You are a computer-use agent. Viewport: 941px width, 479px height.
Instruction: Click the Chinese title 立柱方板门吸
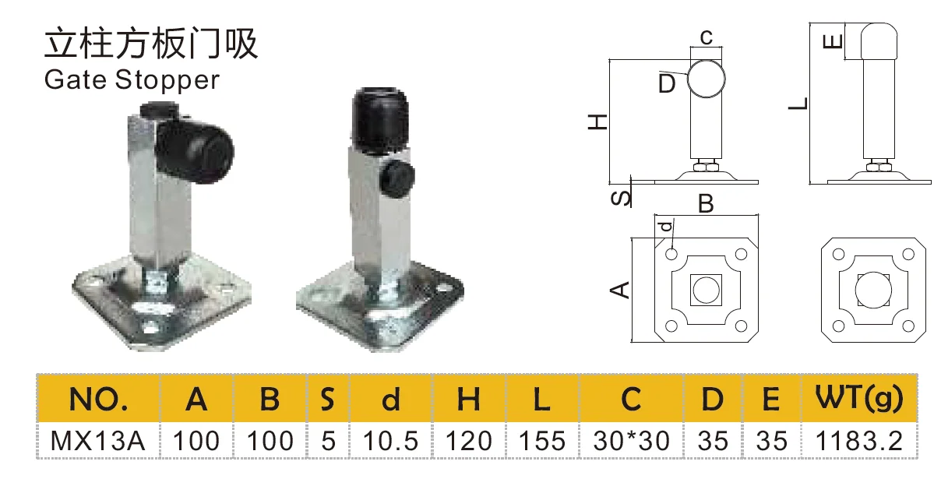(150, 44)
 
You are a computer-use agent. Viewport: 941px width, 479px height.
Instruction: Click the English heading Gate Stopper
(132, 79)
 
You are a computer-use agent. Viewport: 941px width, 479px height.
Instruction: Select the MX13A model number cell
(98, 441)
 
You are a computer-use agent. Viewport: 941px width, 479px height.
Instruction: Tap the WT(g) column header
(859, 399)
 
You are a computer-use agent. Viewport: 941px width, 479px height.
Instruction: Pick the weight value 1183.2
(859, 441)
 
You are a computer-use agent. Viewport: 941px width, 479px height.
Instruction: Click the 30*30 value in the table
(631, 441)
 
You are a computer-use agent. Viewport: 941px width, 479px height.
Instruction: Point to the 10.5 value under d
(391, 441)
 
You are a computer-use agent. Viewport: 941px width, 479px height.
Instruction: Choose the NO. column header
(98, 400)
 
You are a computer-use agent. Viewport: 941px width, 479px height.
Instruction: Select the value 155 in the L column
(542, 441)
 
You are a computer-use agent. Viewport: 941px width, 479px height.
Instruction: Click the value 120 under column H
(468, 441)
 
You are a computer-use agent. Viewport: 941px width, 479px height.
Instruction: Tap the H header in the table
(468, 400)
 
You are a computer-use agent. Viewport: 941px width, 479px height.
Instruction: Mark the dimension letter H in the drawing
(597, 122)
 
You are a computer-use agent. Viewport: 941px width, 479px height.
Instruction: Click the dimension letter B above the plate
(706, 204)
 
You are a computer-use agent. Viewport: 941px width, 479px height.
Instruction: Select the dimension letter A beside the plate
(619, 290)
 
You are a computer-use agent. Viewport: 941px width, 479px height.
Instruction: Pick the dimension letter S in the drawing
(620, 197)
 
